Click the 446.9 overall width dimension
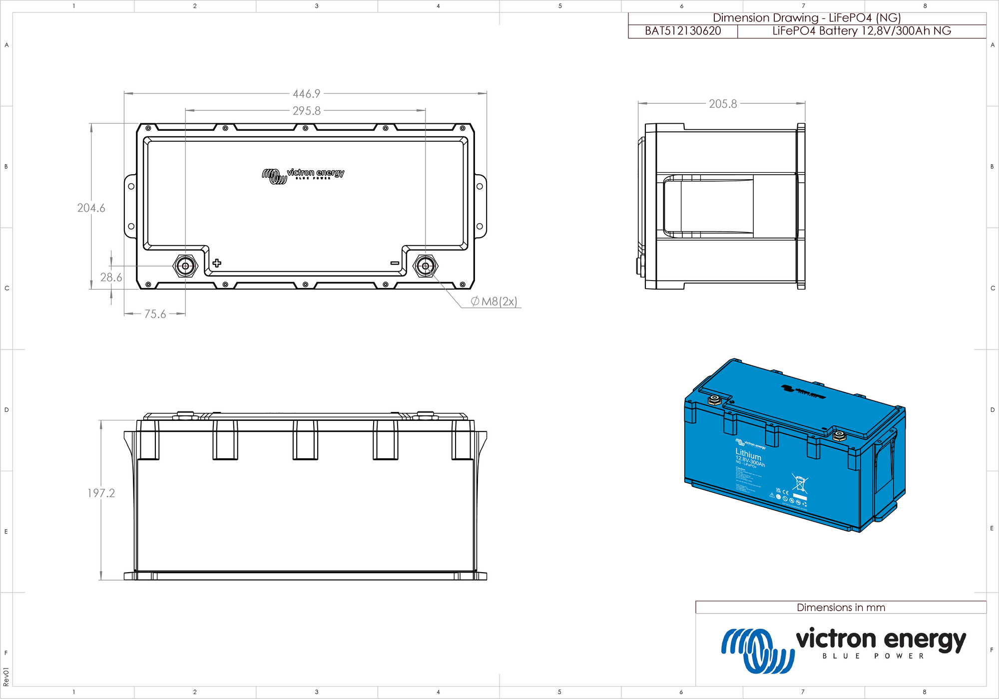coord(306,94)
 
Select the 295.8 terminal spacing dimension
coord(306,111)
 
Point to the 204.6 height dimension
coord(91,208)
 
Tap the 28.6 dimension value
coord(111,277)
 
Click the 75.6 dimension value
coord(155,314)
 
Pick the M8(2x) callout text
coord(494,302)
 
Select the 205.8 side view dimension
coord(723,104)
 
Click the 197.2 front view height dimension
coord(101,493)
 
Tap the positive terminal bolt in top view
coord(185,266)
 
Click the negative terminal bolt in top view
coord(426,266)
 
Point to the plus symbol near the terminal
coord(217,263)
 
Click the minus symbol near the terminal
coord(395,263)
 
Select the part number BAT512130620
coord(683,31)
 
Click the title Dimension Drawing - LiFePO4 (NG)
coord(807,18)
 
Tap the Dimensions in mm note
coord(841,608)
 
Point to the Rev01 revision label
coord(6,677)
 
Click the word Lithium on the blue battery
coord(748,454)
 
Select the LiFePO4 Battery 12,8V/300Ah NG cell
coord(862,31)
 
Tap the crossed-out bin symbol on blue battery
coord(800,483)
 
